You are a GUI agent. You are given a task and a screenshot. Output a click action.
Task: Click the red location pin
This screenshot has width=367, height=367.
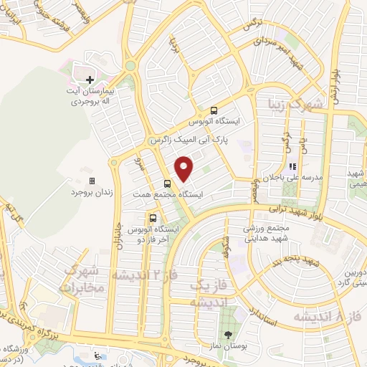pos(184,169)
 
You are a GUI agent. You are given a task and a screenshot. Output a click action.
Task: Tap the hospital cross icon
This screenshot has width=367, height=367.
pos(90,80)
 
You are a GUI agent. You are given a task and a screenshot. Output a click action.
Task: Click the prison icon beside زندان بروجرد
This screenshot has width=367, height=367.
pos(92,181)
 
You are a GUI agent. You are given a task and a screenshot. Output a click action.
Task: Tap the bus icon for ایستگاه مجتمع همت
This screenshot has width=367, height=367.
pos(167,183)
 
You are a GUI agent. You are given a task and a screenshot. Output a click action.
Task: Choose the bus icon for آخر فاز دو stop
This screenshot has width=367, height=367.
pos(153,217)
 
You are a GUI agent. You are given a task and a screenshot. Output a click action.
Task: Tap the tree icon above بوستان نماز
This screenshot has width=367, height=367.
pos(228,335)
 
